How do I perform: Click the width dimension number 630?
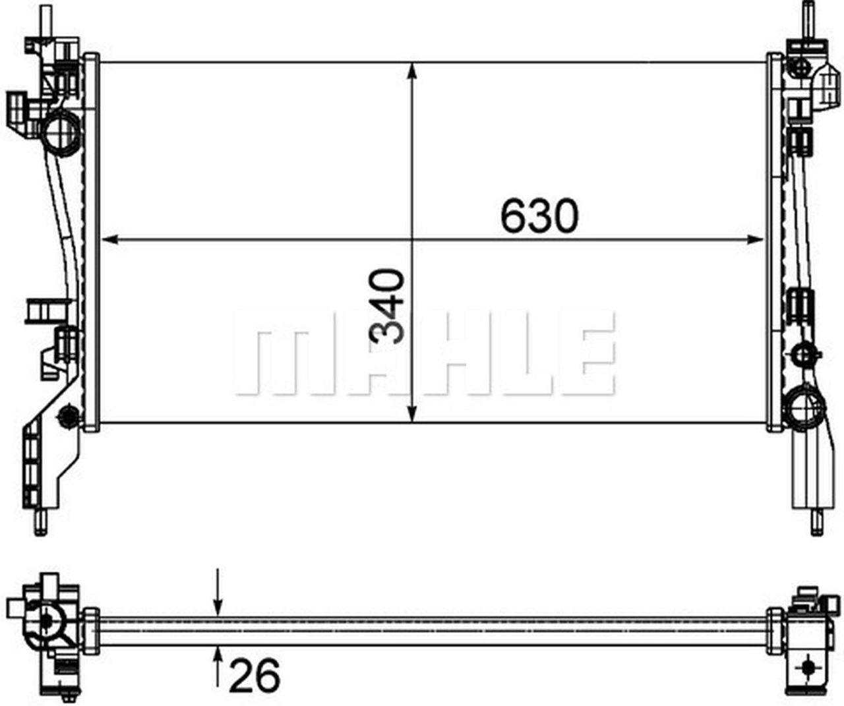point(539,216)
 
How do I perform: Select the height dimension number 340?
point(388,307)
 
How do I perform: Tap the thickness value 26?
point(254,675)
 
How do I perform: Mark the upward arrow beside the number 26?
point(218,657)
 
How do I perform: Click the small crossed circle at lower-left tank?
point(67,415)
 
